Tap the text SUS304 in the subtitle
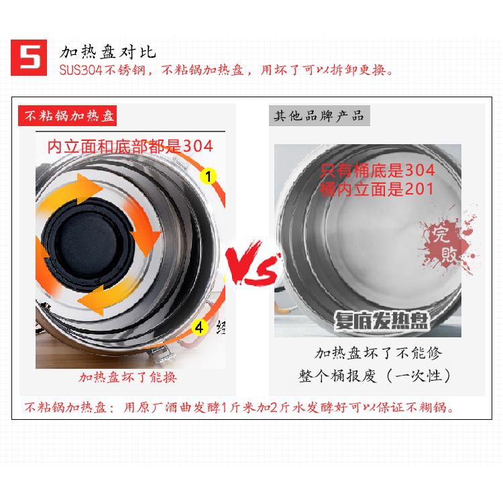(x=78, y=70)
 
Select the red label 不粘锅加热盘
(x=70, y=115)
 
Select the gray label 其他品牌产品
(x=319, y=115)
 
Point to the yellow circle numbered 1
(x=208, y=176)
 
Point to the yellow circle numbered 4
(x=199, y=327)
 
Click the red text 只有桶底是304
(x=378, y=169)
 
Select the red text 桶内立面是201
(x=378, y=188)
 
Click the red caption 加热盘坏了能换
(x=127, y=377)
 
